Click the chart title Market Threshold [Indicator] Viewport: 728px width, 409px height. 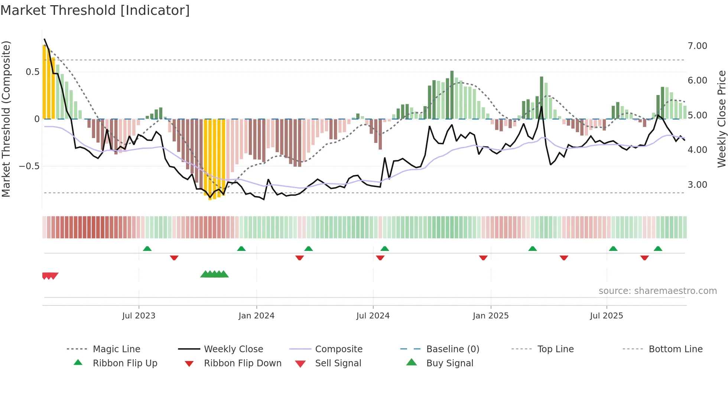[x=95, y=10]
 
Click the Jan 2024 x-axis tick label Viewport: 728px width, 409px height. [x=256, y=316]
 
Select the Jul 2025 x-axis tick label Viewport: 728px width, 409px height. [x=606, y=316]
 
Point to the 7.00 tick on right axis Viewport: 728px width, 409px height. [x=697, y=46]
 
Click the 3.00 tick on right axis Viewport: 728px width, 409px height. [x=697, y=185]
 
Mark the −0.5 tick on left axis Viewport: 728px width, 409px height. [x=29, y=166]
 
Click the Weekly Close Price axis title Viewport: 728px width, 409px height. [x=721, y=119]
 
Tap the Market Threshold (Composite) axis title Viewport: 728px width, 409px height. [x=6, y=119]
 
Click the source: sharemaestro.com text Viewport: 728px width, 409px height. [x=657, y=291]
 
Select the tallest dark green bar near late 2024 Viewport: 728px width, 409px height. [x=452, y=95]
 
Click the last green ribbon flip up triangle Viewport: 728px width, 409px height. [x=658, y=249]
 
